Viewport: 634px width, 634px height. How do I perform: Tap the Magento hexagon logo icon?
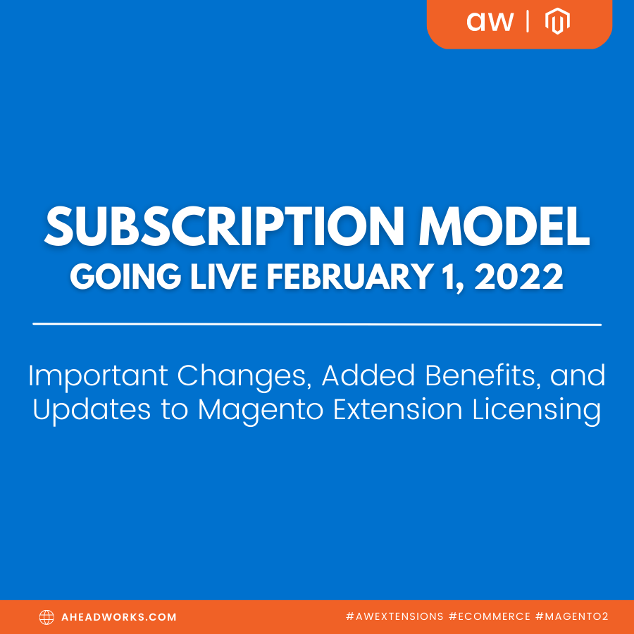click(x=557, y=23)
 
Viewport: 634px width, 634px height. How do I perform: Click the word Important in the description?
click(x=99, y=376)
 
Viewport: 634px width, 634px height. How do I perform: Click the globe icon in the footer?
click(x=46, y=617)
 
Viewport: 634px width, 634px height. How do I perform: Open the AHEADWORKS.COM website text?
click(x=119, y=617)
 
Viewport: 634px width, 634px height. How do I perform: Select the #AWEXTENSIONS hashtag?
click(x=394, y=617)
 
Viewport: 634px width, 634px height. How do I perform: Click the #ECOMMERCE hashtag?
click(x=489, y=617)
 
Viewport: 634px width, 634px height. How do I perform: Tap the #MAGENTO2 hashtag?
click(x=571, y=617)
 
